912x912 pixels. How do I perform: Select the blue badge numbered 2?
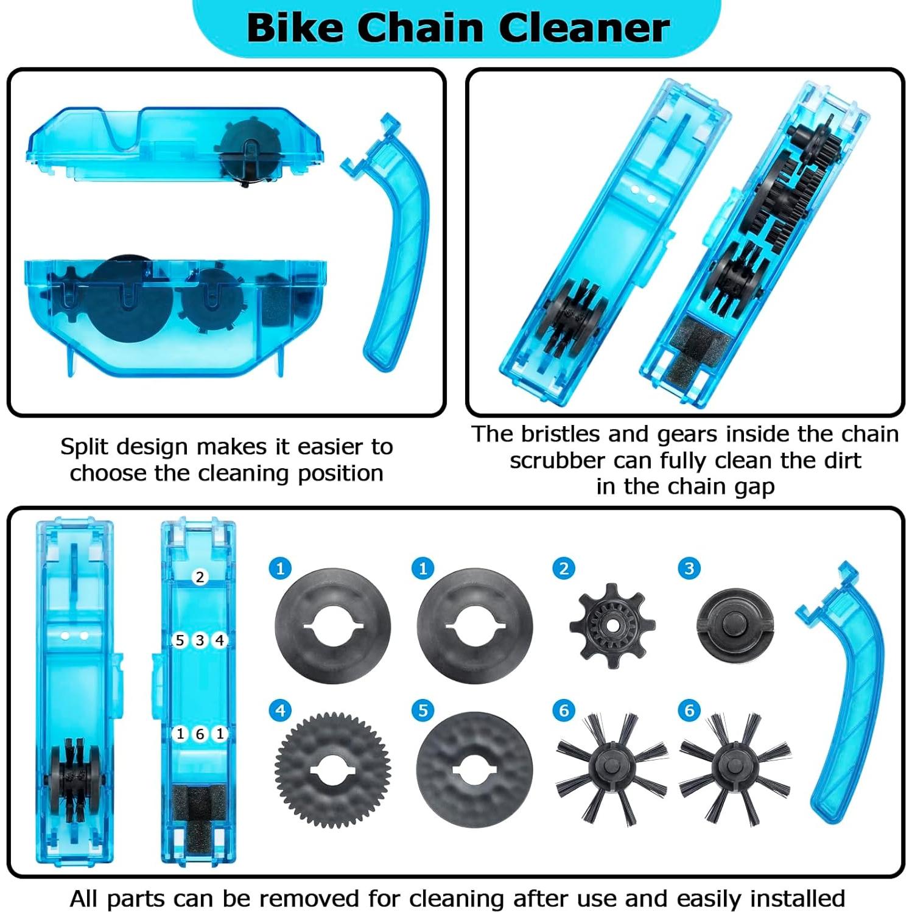pyautogui.click(x=564, y=569)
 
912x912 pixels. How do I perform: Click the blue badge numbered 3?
pyautogui.click(x=689, y=569)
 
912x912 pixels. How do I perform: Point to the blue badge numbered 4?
pyautogui.click(x=280, y=710)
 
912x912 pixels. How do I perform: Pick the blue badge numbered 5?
pyautogui.click(x=423, y=710)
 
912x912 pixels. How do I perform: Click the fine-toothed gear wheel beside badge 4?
pyautogui.click(x=332, y=770)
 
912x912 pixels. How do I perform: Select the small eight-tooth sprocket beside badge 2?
pyautogui.click(x=612, y=625)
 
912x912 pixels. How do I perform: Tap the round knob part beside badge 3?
pyautogui.click(x=735, y=625)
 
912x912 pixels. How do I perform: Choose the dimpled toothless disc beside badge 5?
pyautogui.click(x=474, y=770)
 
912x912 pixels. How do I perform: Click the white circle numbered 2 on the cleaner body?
pyautogui.click(x=200, y=577)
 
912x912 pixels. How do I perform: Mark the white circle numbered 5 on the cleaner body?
pyautogui.click(x=180, y=640)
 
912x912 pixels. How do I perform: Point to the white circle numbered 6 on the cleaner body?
pyautogui.click(x=200, y=734)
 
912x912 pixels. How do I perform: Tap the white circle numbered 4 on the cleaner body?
pyautogui.click(x=220, y=640)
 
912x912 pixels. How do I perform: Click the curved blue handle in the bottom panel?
pyautogui.click(x=846, y=688)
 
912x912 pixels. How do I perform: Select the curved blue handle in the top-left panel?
pyautogui.click(x=396, y=244)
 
